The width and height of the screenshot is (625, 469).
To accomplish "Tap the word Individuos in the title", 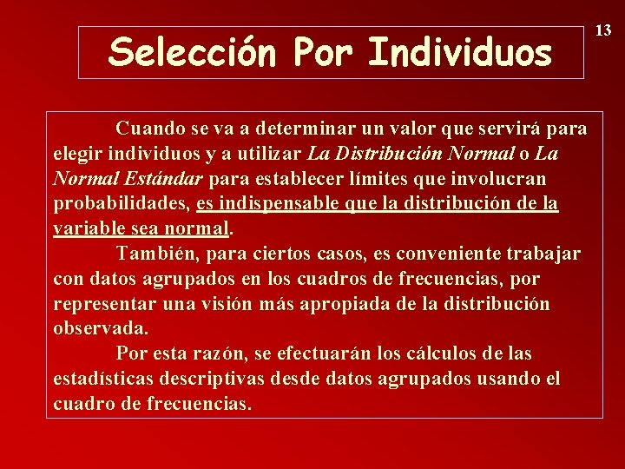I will coord(460,52).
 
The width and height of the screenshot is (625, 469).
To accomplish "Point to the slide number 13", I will coord(603,30).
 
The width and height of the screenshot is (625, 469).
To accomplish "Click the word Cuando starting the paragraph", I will coord(150,129).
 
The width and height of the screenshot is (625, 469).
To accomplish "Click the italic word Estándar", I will coord(162,179).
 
